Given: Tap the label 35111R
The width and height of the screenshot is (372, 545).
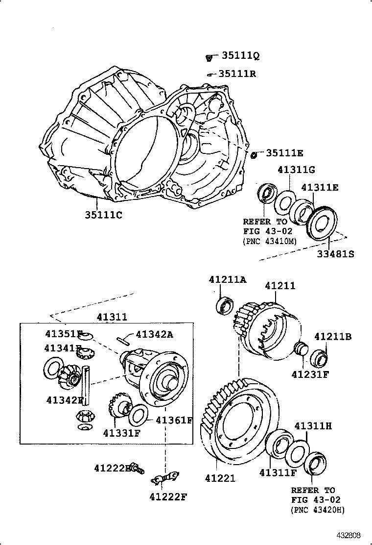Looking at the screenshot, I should click(x=237, y=74).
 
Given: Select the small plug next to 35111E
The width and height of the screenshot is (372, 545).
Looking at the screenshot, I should click(x=254, y=155).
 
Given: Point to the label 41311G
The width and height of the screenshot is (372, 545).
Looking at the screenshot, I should click(x=296, y=170).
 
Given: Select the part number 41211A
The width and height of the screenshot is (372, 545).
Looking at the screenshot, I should click(x=228, y=279).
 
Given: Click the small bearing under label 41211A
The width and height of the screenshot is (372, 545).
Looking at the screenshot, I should click(x=226, y=305).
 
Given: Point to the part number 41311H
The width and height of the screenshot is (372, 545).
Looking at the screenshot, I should click(x=313, y=426).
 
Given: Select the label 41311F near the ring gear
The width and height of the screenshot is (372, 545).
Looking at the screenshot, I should click(x=278, y=472).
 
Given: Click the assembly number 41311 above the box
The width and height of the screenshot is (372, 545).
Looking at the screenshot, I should click(x=112, y=317).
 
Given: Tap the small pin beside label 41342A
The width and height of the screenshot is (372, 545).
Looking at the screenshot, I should click(x=123, y=339).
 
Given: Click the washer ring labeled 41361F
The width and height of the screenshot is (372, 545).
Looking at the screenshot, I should click(x=138, y=415).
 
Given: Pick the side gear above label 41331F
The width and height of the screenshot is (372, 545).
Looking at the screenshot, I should click(x=116, y=404).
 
